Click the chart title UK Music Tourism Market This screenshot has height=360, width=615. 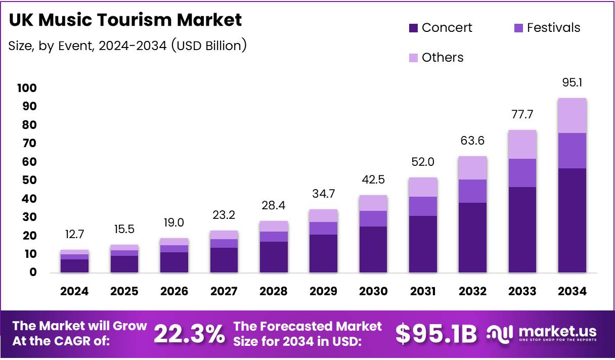(125, 20)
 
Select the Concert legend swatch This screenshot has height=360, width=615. (413, 28)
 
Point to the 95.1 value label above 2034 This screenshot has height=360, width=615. (572, 82)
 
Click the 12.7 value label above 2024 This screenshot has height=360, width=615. (74, 234)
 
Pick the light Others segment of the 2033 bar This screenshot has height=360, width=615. (522, 145)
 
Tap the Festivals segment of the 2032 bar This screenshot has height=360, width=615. (472, 191)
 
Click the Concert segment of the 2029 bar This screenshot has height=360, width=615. (323, 253)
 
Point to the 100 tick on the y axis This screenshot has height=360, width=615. (27, 88)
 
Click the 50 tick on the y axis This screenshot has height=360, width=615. (29, 181)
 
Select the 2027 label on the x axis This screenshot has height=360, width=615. (224, 291)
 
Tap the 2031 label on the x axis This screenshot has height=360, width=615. (423, 291)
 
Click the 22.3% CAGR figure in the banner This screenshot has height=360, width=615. (189, 334)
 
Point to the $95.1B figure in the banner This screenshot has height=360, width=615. (436, 334)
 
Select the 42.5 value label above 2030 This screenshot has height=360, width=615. (373, 180)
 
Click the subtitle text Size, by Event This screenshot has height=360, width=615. (51, 46)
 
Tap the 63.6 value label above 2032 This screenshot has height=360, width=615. (472, 141)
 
